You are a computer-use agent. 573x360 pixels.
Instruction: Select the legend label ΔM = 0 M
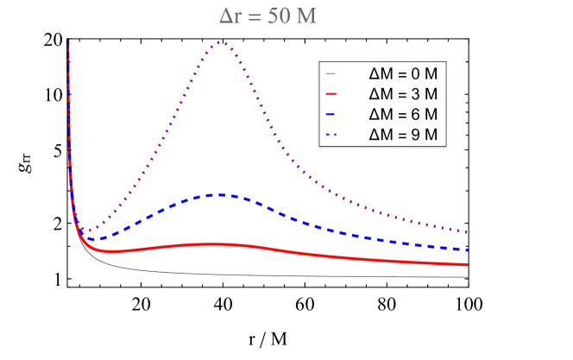point(403,73)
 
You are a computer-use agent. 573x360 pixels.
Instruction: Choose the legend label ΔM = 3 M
point(403,93)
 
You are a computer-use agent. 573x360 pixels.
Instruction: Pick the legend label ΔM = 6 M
point(403,114)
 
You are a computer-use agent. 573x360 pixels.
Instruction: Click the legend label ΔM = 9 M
point(403,135)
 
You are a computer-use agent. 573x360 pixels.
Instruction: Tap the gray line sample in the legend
point(332,73)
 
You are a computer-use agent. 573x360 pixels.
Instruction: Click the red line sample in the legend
point(332,93)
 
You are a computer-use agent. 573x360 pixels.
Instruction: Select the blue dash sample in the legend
point(332,114)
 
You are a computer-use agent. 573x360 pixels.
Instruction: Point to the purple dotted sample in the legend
point(332,135)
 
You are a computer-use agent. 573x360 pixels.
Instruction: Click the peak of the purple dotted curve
point(221,41)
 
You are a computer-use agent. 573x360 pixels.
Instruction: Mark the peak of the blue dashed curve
point(221,194)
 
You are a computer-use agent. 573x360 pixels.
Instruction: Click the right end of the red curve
point(467,264)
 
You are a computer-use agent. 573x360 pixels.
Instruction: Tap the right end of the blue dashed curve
point(467,249)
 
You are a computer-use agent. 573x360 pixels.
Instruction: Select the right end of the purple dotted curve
point(467,232)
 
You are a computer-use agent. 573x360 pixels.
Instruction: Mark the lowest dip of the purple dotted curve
point(86,231)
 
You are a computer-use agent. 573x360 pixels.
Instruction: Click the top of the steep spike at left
point(68,41)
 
